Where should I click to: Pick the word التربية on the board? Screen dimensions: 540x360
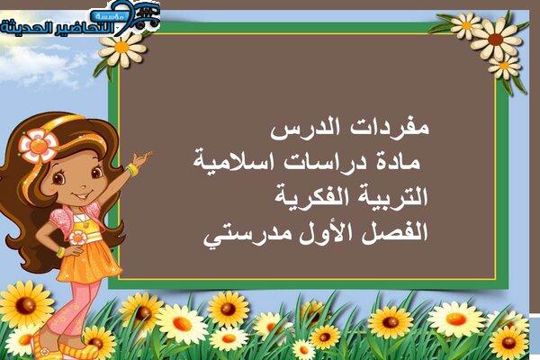(391, 197)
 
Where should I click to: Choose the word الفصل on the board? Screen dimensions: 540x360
(397, 232)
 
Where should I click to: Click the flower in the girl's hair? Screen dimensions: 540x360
(38, 146)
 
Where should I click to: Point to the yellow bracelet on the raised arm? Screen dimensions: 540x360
(132, 170)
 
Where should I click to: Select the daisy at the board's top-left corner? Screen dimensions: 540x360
(121, 49)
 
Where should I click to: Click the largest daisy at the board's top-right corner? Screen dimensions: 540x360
(496, 39)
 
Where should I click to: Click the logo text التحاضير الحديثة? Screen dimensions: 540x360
(57, 28)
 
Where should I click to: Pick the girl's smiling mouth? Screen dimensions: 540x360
(82, 195)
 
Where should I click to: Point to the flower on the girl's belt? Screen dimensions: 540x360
(77, 238)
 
